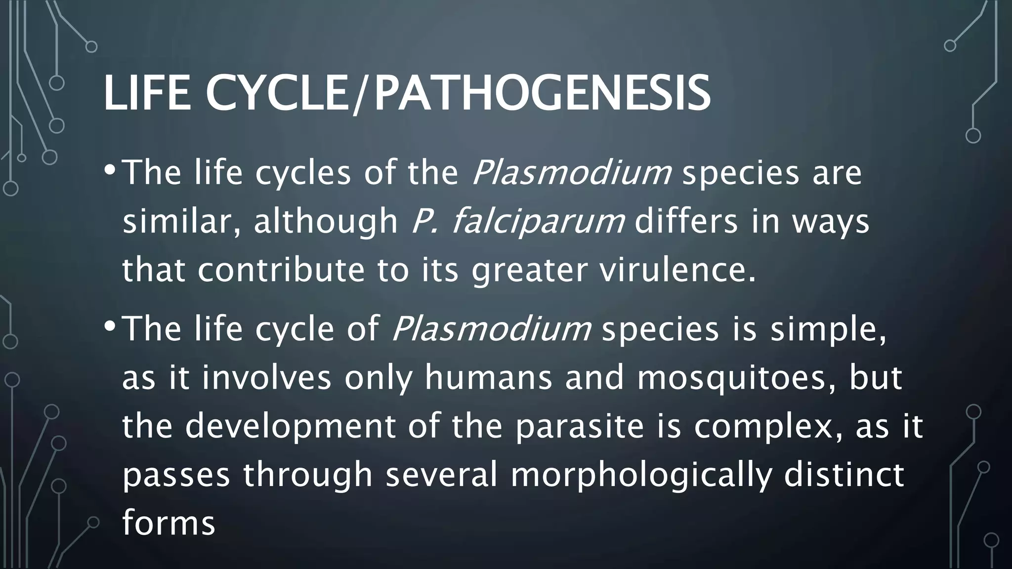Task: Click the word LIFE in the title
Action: (147, 94)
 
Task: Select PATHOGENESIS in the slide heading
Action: (542, 94)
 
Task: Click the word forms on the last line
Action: (169, 523)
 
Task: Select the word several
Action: (441, 474)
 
